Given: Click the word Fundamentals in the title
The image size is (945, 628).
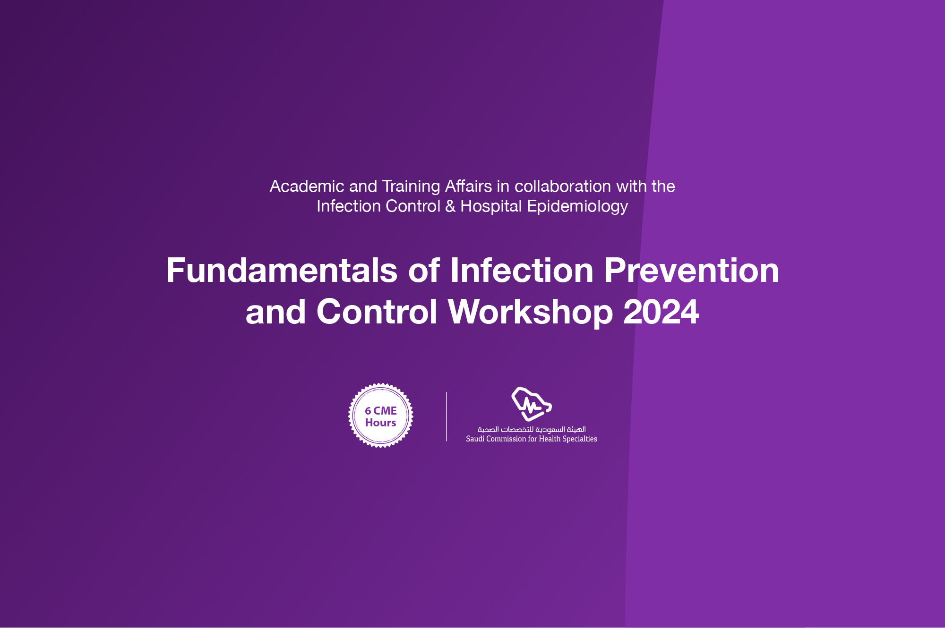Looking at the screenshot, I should (282, 271).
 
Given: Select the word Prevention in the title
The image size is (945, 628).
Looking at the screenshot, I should (691, 271).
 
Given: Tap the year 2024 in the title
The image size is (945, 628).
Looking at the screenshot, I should (661, 312).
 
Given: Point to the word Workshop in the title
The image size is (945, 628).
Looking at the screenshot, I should (530, 312).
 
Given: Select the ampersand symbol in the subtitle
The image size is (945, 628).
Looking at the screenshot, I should (450, 206).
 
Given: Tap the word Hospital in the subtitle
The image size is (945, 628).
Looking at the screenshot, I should (491, 206).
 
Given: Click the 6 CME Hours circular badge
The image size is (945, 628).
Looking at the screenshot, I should (381, 416).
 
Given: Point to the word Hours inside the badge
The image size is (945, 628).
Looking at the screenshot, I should (380, 423).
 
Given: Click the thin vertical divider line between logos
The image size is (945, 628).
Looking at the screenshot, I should (447, 416).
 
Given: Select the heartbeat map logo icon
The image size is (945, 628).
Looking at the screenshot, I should (532, 404).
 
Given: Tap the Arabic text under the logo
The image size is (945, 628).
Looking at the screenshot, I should (532, 429).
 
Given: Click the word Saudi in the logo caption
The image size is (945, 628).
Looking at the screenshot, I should (475, 439).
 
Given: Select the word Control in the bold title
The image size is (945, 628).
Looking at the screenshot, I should (377, 312).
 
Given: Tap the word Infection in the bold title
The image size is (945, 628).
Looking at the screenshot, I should (522, 271).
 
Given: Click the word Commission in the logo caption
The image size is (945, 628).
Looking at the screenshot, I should (506, 439).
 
